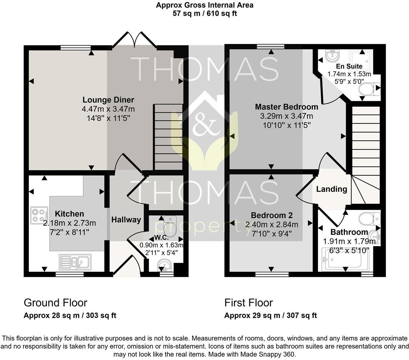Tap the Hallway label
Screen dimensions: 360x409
coord(126,220)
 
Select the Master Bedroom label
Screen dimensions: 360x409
coord(286,107)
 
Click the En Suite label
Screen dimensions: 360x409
coord(349,67)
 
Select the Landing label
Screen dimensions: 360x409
coord(332,189)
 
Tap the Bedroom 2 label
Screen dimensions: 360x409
coord(271,215)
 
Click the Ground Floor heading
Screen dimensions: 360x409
coord(55,302)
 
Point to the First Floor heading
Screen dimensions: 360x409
coord(248,302)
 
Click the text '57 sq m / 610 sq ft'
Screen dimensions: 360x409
coord(204,14)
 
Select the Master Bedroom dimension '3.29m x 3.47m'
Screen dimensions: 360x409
coord(286,116)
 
